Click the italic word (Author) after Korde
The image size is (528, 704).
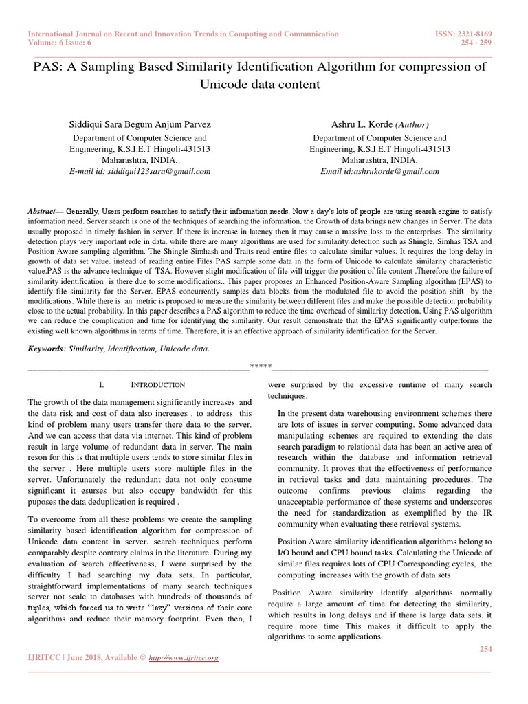point(412,125)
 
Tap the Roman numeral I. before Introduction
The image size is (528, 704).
point(101,386)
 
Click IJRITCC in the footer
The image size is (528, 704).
point(45,658)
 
